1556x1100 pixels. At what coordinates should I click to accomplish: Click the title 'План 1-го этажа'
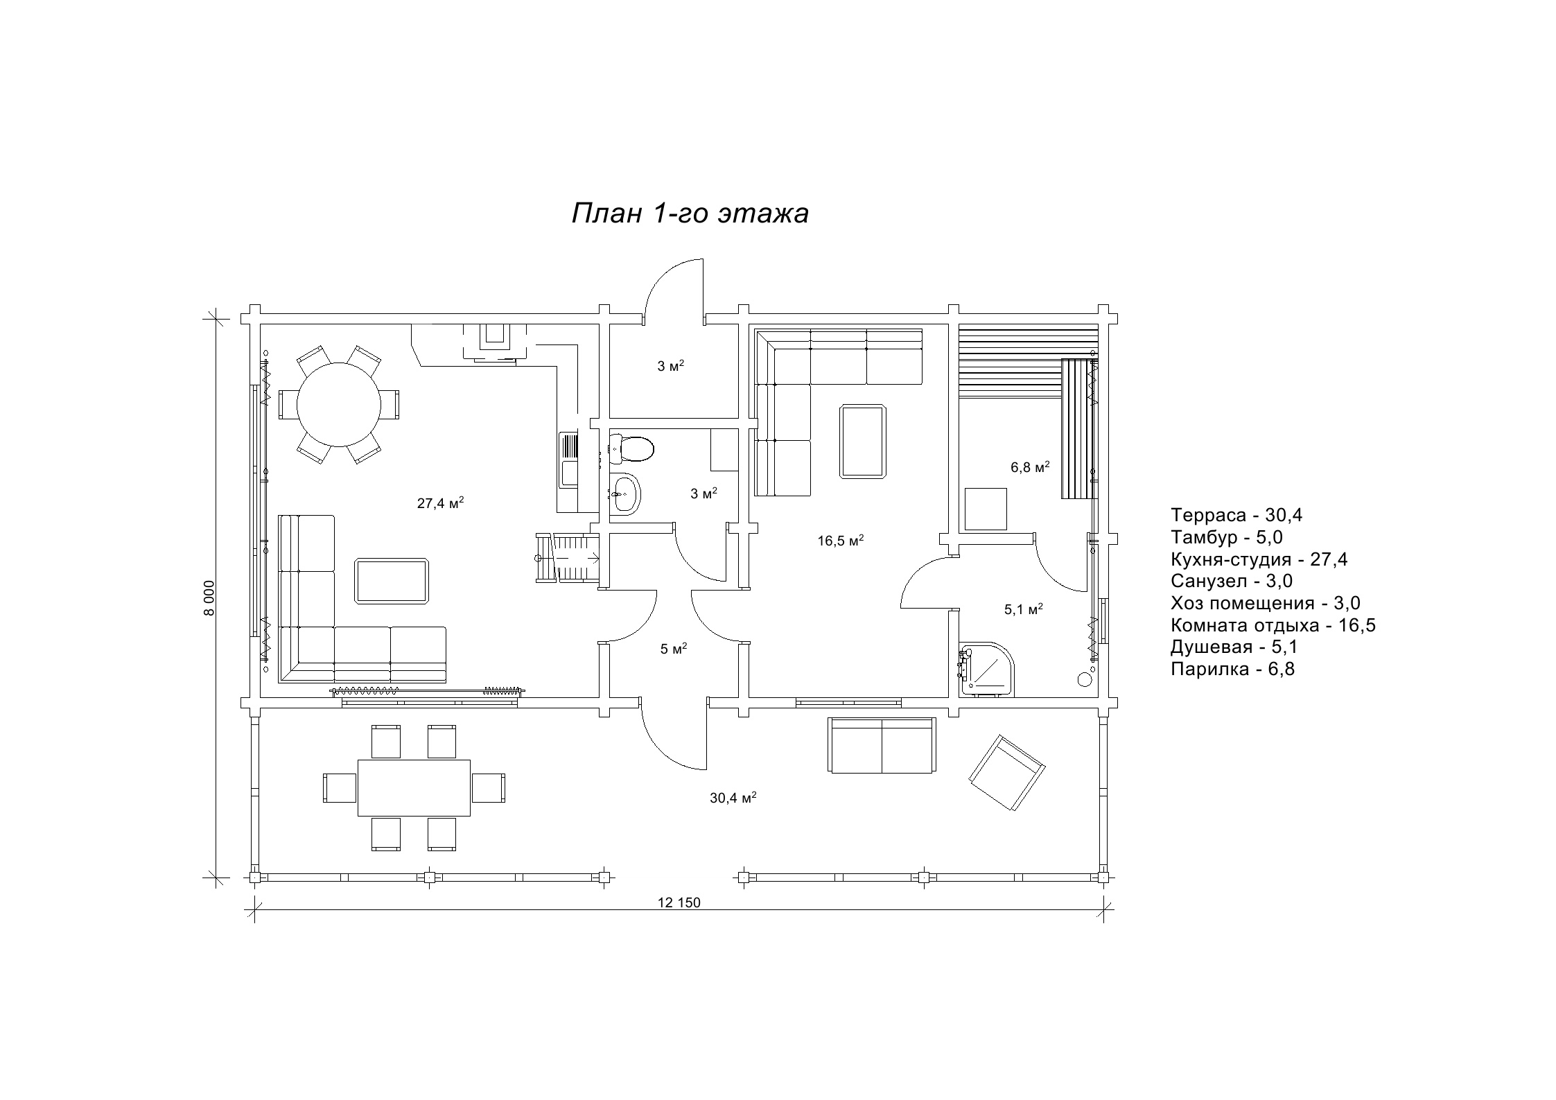pos(690,214)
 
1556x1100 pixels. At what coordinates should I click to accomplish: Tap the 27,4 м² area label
pos(440,503)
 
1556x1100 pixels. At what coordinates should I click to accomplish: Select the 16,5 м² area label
pos(841,541)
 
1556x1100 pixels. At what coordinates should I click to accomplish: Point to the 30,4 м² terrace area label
pos(733,798)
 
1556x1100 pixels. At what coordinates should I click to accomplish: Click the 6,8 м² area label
pos(1030,467)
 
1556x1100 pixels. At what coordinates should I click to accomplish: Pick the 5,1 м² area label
pos(1024,609)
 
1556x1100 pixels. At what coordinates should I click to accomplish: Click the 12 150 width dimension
pos(679,902)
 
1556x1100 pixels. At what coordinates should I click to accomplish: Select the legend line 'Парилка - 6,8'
pos(1232,669)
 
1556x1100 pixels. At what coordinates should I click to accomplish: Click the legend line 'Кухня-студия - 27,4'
pos(1259,559)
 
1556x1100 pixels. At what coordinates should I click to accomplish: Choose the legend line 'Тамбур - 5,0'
pos(1227,537)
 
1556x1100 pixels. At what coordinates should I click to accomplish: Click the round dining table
pos(339,405)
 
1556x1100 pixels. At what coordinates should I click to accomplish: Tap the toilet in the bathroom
pos(631,448)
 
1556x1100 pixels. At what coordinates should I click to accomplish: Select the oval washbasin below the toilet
pos(625,494)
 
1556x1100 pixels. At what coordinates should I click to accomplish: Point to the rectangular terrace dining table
pos(414,787)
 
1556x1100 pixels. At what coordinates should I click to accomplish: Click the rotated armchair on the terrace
pos(1006,772)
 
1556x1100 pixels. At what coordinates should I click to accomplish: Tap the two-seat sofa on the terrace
pos(882,745)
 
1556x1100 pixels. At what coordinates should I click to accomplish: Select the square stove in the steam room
pos(986,509)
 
